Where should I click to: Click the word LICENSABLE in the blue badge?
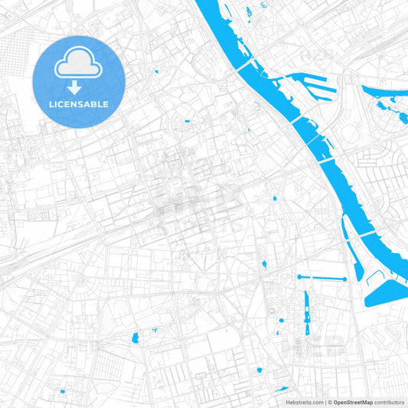pyautogui.click(x=80, y=104)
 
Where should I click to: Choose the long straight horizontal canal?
pyautogui.click(x=322, y=277)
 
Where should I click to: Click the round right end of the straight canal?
pyautogui.click(x=344, y=279)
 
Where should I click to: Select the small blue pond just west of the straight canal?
pyautogui.click(x=264, y=264)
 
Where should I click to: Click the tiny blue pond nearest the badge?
pyautogui.click(x=155, y=72)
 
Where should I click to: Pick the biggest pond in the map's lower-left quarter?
pyautogui.click(x=135, y=338)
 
